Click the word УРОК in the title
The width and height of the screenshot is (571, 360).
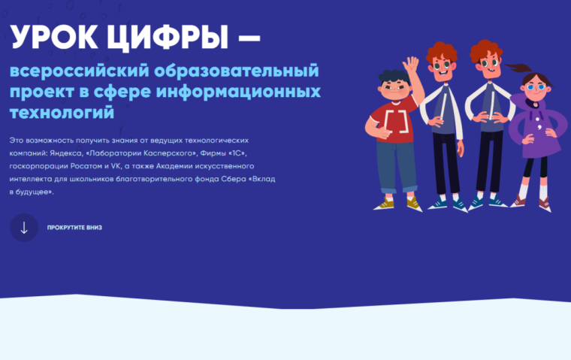pyautogui.click(x=54, y=37)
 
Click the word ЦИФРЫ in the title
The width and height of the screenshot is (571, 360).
pyautogui.click(x=168, y=38)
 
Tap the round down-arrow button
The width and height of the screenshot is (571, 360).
pyautogui.click(x=24, y=228)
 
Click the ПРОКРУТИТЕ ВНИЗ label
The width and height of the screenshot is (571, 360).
pyautogui.click(x=74, y=228)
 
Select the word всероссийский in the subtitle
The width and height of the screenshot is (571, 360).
pyautogui.click(x=80, y=71)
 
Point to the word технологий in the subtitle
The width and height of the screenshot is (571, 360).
pyautogui.click(x=62, y=113)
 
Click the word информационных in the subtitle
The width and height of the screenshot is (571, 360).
pyautogui.click(x=238, y=92)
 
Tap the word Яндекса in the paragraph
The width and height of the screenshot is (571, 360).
pyautogui.click(x=66, y=153)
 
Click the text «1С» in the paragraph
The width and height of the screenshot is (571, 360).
pyautogui.click(x=237, y=153)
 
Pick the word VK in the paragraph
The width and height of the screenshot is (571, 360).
pyautogui.click(x=116, y=166)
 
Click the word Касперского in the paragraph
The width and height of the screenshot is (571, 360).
pyautogui.click(x=170, y=153)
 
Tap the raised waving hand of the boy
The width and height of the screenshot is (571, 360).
pyautogui.click(x=411, y=65)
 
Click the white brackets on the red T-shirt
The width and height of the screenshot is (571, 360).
pyautogui.click(x=396, y=121)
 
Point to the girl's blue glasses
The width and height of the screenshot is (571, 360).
pyautogui.click(x=536, y=87)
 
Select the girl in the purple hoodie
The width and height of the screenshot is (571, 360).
pyautogui.click(x=535, y=138)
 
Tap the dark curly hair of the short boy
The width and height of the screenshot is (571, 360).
pyautogui.click(x=394, y=77)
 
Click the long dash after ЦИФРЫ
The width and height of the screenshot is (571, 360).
pyautogui.click(x=249, y=38)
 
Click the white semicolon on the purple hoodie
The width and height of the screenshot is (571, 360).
pyautogui.click(x=539, y=127)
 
